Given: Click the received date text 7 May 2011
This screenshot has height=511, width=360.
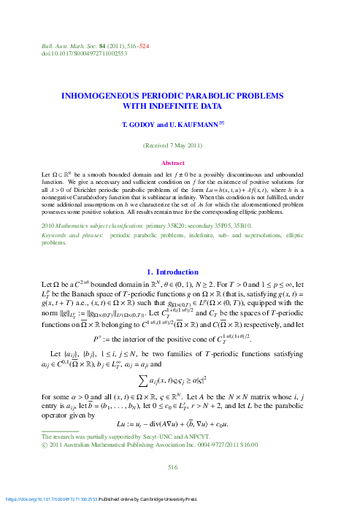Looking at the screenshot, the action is coord(185,146).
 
